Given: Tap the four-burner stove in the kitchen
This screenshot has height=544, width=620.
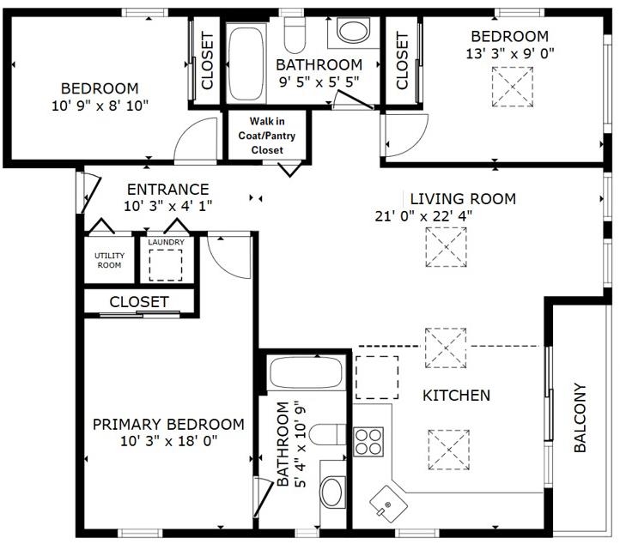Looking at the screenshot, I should coord(368,441).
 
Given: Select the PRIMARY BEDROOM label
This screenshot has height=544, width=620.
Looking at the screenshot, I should coord(168,425).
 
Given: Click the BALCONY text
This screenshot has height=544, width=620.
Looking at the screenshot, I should coord(580,418).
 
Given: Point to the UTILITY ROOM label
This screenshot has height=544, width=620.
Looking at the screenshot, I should coord(109,260).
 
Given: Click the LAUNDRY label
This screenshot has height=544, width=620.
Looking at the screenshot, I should coord(166,243).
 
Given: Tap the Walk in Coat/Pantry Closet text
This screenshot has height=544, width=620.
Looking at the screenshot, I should coord(266,136).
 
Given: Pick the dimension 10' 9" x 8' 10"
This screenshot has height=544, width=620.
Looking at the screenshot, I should coord(100,105).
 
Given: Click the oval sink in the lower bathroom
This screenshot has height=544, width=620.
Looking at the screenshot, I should coord(331,493).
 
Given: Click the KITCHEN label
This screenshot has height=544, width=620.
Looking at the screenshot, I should coord(456,396).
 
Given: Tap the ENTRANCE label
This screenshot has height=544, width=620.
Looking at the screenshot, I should coord(167,190).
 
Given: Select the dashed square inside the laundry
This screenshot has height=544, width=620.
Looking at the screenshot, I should coord(166,267).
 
